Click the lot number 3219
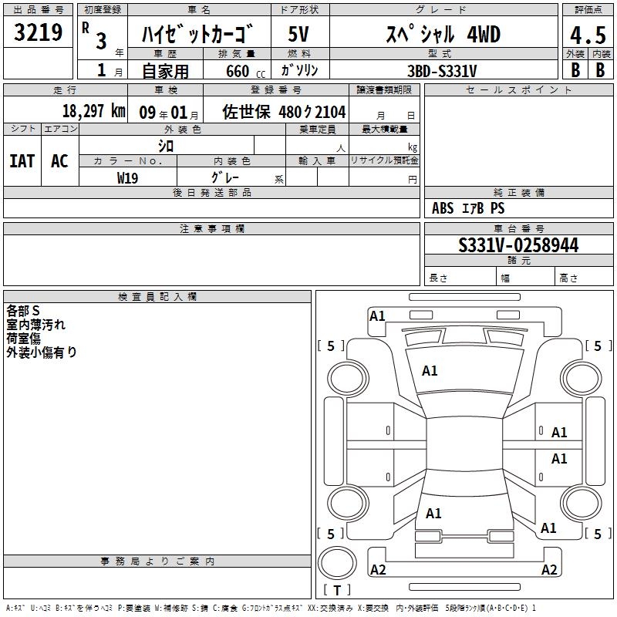coord(38,32)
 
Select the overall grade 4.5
coord(588,35)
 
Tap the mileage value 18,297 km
coord(94,111)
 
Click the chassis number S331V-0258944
coord(518,244)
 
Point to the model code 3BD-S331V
coord(442,71)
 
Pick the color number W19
coord(127,178)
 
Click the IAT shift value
coord(22,161)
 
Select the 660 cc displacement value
coord(245,71)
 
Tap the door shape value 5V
coord(298,34)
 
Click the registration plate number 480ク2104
coord(312,112)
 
